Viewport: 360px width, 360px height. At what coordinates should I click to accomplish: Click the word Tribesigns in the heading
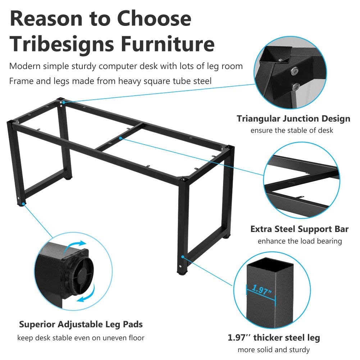(61, 44)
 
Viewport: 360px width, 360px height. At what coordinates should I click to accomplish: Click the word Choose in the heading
(154, 18)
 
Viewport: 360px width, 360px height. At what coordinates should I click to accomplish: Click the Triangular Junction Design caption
(293, 118)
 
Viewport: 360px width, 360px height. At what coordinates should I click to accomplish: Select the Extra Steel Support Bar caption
(299, 229)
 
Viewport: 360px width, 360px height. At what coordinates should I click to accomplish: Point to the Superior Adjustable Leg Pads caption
(81, 324)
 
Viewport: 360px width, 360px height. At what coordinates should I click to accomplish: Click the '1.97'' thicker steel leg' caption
(274, 337)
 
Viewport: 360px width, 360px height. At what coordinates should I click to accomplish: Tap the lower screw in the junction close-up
(296, 87)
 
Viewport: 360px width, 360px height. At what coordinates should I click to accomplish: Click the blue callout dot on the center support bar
(120, 138)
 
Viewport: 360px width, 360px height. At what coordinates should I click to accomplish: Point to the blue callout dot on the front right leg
(183, 257)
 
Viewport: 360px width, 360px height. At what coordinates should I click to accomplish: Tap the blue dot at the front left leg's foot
(23, 204)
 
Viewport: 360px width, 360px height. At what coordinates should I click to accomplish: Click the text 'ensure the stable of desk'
(292, 131)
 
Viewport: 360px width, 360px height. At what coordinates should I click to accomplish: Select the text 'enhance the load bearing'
(300, 241)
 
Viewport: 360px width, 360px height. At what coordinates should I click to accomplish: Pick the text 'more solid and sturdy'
(274, 350)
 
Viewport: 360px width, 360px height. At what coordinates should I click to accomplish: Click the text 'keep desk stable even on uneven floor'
(81, 338)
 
